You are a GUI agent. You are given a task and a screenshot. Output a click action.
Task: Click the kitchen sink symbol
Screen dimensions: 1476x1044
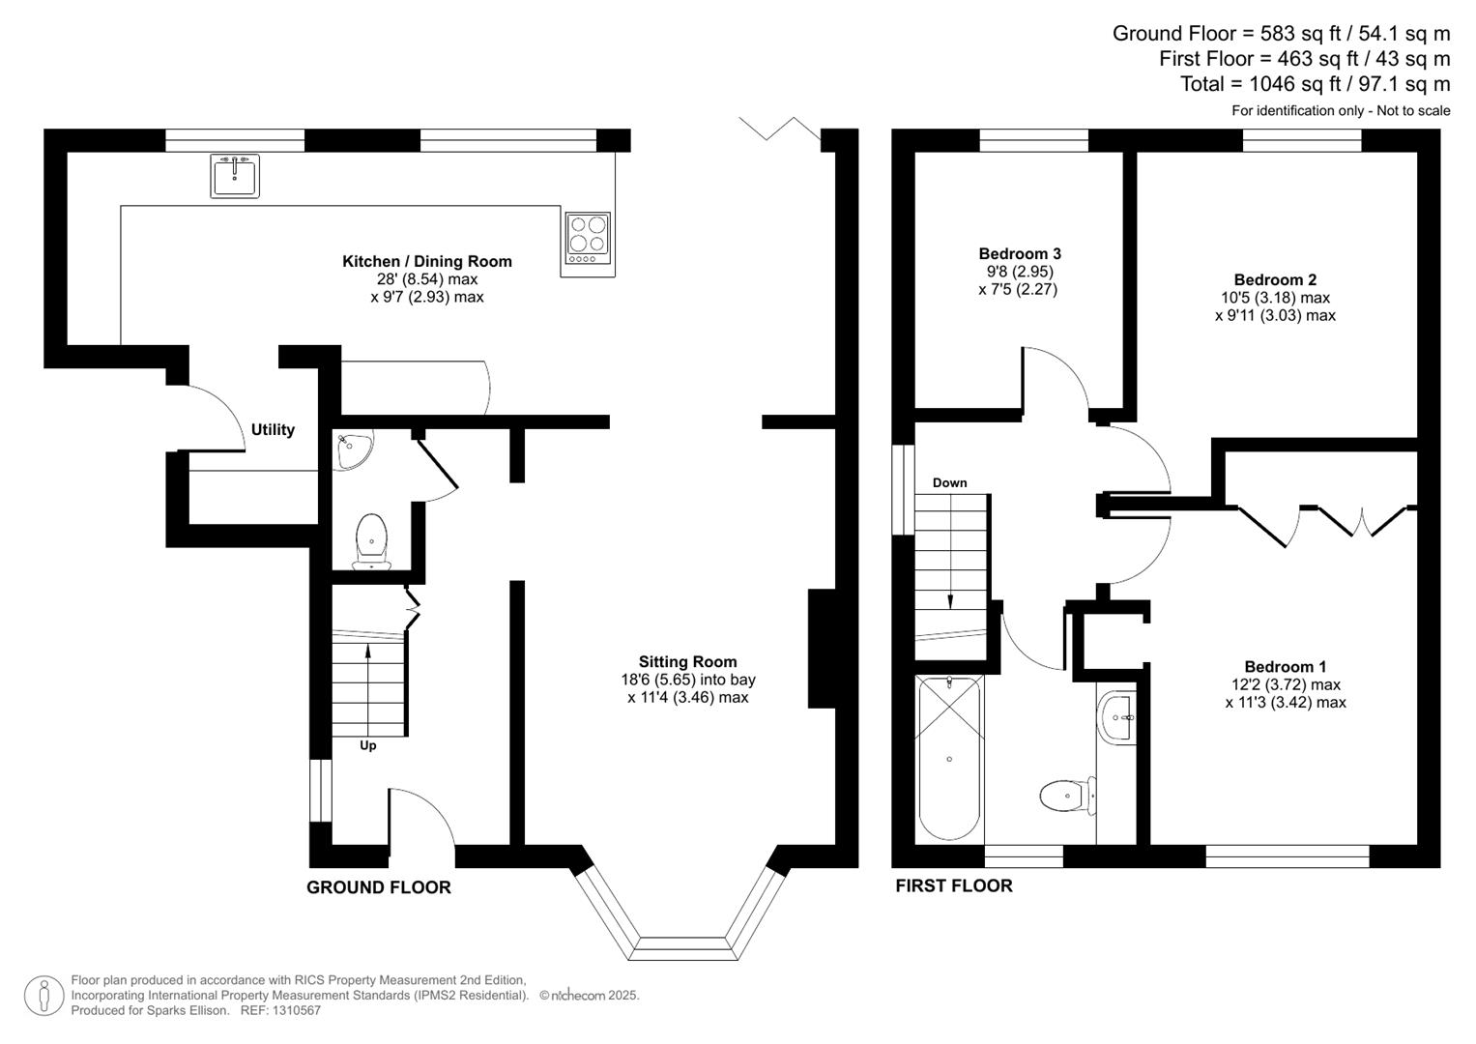pos(235,176)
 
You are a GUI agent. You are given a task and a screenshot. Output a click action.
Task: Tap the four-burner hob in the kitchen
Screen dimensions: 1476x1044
pos(588,238)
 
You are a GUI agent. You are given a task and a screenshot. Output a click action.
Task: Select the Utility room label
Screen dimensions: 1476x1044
pos(273,430)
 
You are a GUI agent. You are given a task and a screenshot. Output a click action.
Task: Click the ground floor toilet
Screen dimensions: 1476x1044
pos(371,541)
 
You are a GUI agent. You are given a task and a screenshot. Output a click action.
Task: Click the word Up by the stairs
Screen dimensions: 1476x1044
pos(367,745)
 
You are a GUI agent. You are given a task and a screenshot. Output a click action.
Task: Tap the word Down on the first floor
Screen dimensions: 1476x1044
pos(949,482)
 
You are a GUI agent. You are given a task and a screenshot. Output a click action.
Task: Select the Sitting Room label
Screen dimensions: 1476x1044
pos(687,662)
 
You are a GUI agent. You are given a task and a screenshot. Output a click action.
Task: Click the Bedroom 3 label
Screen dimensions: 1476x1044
pos(1020,253)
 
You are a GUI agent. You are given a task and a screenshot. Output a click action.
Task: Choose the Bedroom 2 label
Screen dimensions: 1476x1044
pos(1275,279)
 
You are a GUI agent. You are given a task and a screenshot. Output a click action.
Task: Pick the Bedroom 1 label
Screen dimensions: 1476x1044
pos(1285,666)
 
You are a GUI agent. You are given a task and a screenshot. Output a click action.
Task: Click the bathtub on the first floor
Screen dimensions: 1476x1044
pos(949,758)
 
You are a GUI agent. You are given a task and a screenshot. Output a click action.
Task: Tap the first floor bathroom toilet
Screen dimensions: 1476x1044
pos(1067,796)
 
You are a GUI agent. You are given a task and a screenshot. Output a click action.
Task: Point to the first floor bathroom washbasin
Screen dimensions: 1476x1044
pos(1118,717)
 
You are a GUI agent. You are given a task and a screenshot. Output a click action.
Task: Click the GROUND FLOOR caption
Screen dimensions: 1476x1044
pos(379,887)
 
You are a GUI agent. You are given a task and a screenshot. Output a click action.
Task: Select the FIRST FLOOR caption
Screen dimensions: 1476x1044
pos(953,885)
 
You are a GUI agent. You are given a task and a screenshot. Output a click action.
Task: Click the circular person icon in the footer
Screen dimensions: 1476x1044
pos(44,996)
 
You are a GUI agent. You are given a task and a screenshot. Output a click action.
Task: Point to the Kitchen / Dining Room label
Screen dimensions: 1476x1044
pos(427,261)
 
